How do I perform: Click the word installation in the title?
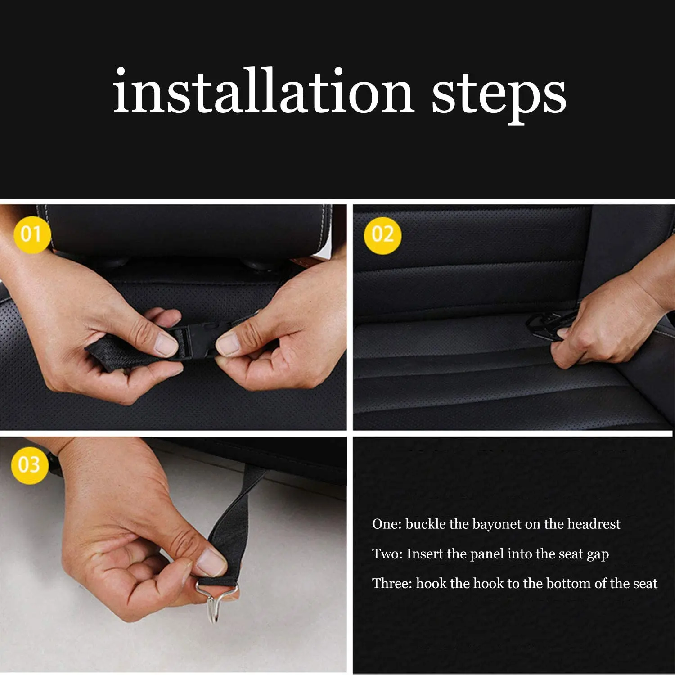coord(263,92)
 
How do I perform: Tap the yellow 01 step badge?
coord(31,234)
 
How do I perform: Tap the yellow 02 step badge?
coord(382,235)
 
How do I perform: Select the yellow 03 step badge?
coord(29,465)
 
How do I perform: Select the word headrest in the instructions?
coord(594,524)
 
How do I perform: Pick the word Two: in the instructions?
coord(387,553)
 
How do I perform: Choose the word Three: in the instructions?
coord(391,583)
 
